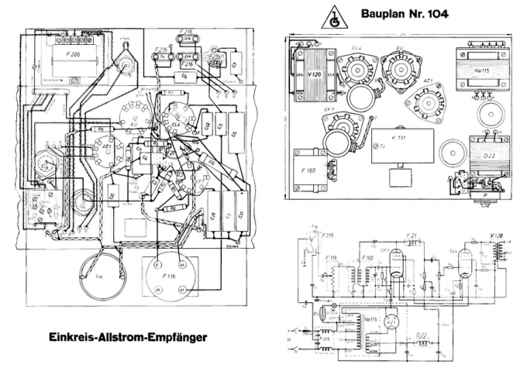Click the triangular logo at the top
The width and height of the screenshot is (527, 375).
pyautogui.click(x=334, y=15)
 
